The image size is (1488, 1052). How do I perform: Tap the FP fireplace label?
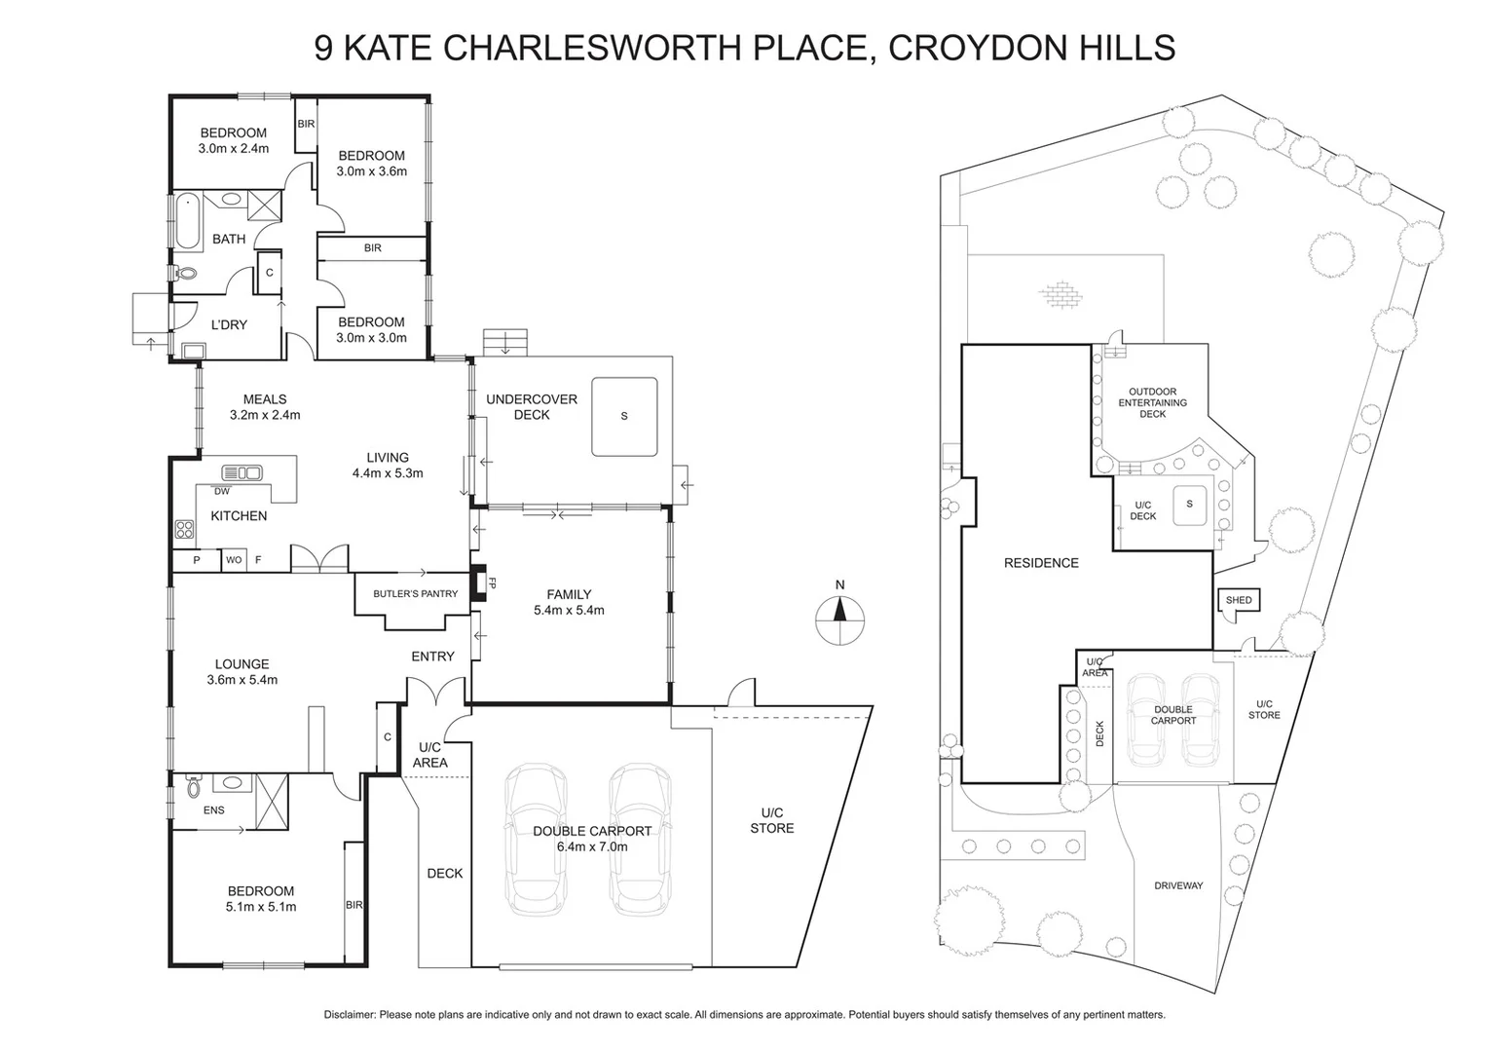pyautogui.click(x=492, y=583)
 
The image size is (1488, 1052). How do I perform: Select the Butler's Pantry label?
pyautogui.click(x=415, y=593)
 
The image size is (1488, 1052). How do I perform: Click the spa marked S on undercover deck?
pyautogui.click(x=623, y=416)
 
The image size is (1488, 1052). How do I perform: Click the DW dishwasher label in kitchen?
pyautogui.click(x=222, y=491)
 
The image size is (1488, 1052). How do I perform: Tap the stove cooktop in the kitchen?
pyautogui.click(x=184, y=530)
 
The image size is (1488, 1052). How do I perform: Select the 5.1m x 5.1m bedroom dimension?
pyautogui.click(x=261, y=907)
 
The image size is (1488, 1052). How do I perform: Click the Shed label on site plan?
pyautogui.click(x=1239, y=600)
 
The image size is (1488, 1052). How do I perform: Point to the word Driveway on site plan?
pyautogui.click(x=1178, y=885)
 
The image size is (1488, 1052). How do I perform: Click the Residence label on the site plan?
pyautogui.click(x=1041, y=563)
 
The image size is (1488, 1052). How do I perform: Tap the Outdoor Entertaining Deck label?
pyautogui.click(x=1152, y=402)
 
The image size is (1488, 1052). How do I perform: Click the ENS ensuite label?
pyautogui.click(x=213, y=810)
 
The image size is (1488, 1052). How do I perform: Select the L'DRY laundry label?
pyautogui.click(x=229, y=324)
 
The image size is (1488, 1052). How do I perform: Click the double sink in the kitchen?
pyautogui.click(x=242, y=473)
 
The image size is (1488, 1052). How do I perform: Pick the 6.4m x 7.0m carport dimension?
pyautogui.click(x=592, y=846)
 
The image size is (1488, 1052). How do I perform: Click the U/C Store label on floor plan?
pyautogui.click(x=771, y=820)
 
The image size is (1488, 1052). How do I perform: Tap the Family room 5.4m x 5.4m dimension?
pyautogui.click(x=569, y=611)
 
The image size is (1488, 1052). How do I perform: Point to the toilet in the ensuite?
pyautogui.click(x=193, y=785)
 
